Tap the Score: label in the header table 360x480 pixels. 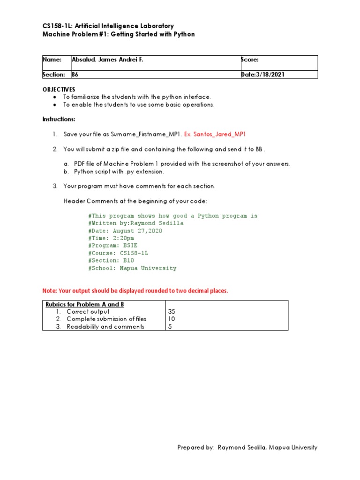(250, 60)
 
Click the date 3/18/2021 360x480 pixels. (271, 75)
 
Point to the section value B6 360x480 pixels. (75, 75)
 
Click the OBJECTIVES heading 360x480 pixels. (59, 89)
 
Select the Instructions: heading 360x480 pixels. (59, 120)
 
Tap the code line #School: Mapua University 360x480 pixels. (132, 268)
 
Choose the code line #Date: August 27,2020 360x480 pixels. (126, 231)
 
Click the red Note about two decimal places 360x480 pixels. (135, 291)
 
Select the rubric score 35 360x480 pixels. (172, 312)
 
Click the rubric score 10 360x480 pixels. (172, 319)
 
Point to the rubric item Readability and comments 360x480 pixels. (105, 327)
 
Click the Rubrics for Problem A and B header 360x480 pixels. (85, 304)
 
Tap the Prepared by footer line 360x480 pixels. (247, 448)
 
